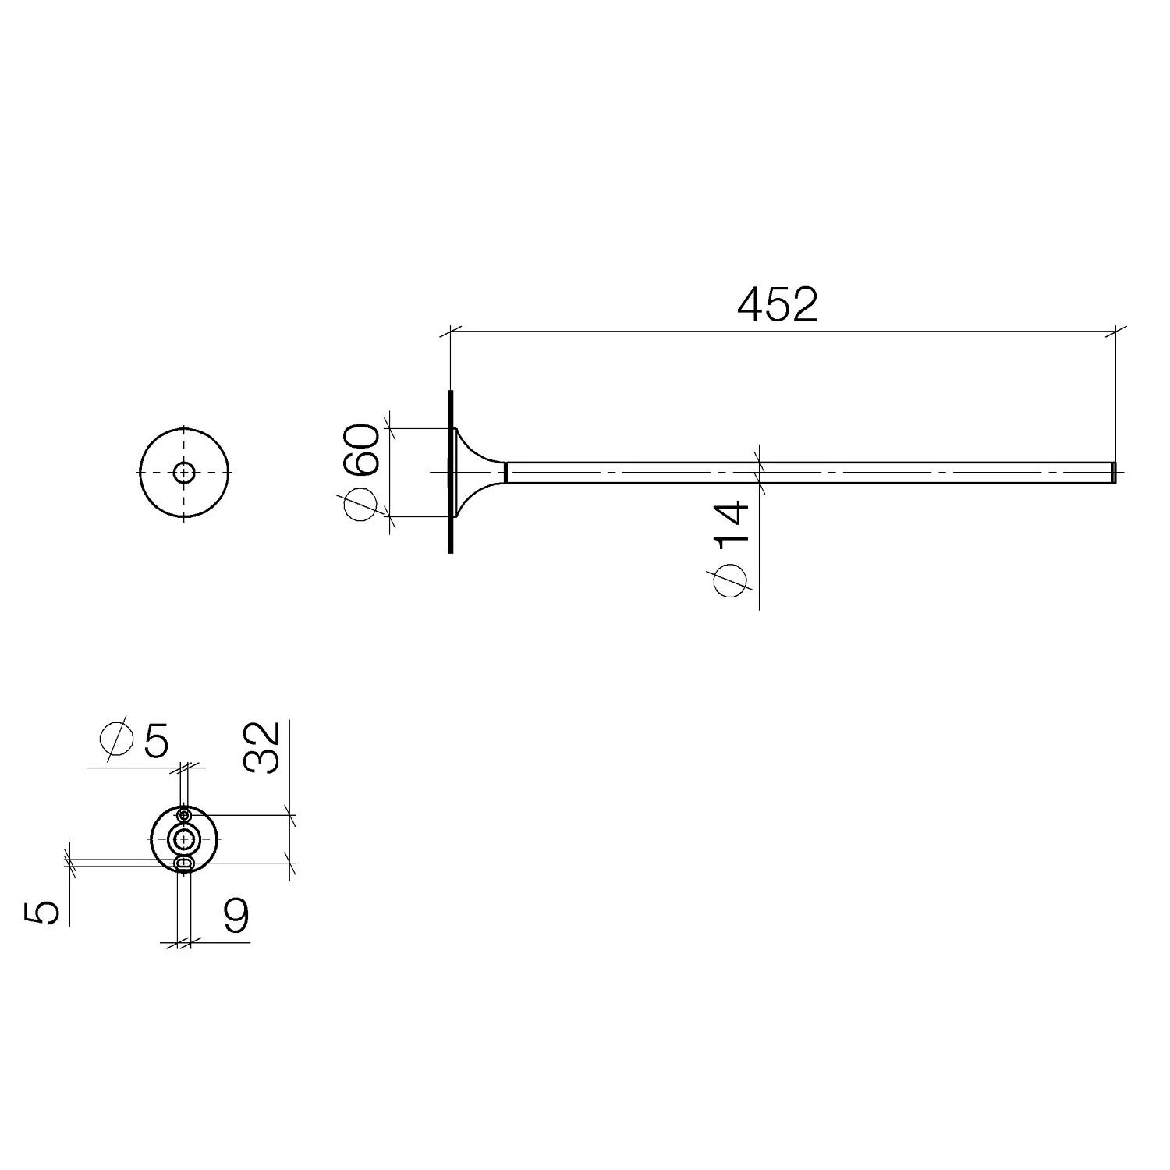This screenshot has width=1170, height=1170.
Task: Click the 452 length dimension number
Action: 777,305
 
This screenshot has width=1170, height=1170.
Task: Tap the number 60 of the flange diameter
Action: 362,450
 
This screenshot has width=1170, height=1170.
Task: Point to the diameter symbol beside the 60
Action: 361,503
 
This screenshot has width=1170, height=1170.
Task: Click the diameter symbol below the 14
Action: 730,581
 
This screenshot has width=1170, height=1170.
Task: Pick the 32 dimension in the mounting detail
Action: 261,747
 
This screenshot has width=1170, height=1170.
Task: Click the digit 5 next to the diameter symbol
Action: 156,740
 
